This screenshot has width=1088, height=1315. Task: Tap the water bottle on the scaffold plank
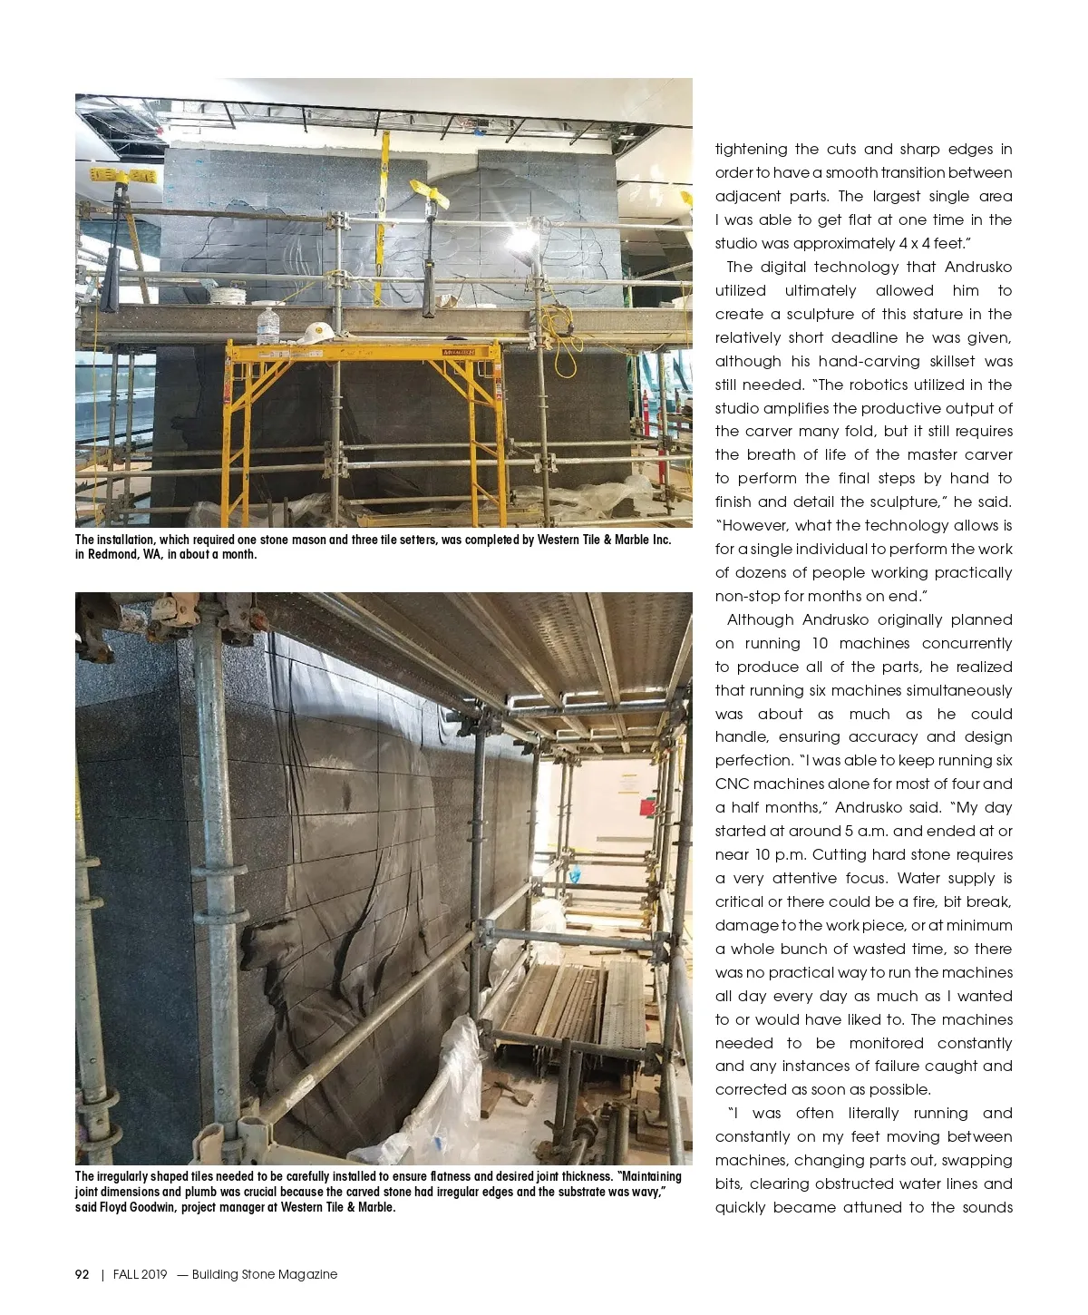coord(267,325)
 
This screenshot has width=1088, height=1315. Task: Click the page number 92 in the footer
coord(82,1274)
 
